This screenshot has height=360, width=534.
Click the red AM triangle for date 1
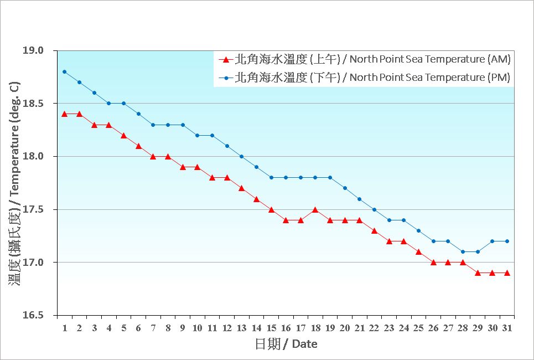(65, 114)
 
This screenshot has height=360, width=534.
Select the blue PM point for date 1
(65, 71)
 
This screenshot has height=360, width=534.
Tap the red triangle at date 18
(315, 209)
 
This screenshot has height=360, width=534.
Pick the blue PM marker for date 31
(507, 241)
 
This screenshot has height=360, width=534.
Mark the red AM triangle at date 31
(507, 273)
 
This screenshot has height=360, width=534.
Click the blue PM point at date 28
(463, 251)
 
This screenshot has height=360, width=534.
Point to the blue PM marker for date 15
(271, 177)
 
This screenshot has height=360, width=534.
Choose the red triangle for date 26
(433, 263)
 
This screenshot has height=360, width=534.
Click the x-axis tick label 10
(197, 328)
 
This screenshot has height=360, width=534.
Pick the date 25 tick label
(418, 328)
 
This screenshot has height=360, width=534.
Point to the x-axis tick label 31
(507, 328)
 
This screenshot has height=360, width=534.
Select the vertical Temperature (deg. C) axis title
(15, 183)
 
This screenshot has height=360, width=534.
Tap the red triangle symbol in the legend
(225, 59)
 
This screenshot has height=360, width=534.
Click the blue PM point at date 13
(242, 156)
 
